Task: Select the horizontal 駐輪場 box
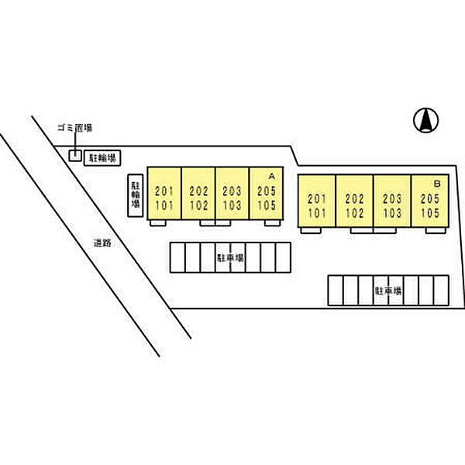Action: (x=102, y=159)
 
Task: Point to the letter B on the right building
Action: (x=437, y=184)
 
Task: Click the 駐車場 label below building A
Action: (x=230, y=257)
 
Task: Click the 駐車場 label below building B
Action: (x=387, y=291)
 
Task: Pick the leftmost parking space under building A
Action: (x=177, y=257)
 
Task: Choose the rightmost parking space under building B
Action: (x=441, y=291)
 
